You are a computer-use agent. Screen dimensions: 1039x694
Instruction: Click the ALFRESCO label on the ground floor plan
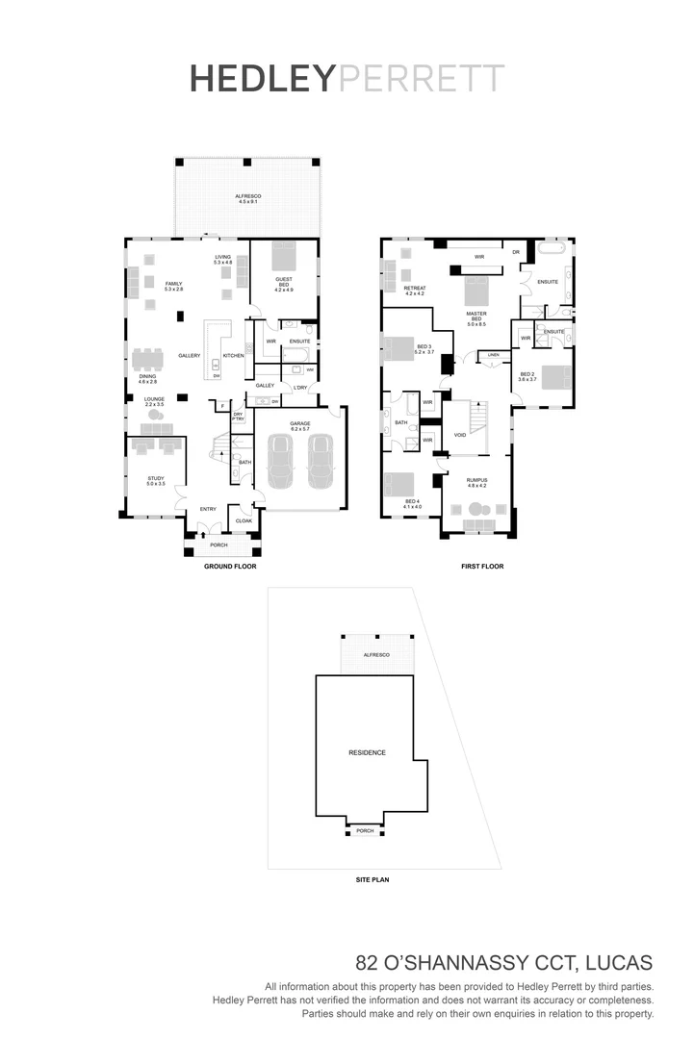[248, 198]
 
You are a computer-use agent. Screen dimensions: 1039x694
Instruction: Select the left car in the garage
[280, 462]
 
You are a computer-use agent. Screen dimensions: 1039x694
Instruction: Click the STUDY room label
[156, 480]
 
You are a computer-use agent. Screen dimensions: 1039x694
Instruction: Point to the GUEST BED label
[283, 282]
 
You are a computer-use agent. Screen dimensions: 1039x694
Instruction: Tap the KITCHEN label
[234, 356]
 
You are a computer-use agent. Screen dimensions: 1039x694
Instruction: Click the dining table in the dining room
[148, 359]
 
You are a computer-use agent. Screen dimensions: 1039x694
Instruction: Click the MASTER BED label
[476, 316]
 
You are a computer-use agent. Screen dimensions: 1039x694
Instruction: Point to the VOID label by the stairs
[460, 435]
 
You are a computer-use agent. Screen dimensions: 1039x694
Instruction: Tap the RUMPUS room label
[477, 482]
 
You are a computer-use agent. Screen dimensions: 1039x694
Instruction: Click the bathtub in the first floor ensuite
[551, 248]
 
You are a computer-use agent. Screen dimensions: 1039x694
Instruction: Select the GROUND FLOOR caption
[227, 567]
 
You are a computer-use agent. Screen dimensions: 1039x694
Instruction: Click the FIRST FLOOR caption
[482, 567]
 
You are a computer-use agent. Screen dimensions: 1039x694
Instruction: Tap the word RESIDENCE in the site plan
[367, 752]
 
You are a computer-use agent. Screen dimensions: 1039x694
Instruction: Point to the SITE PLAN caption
[372, 879]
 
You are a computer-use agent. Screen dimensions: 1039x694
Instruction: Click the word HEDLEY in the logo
[262, 79]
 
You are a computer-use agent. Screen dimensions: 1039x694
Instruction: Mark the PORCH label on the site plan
[365, 830]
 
